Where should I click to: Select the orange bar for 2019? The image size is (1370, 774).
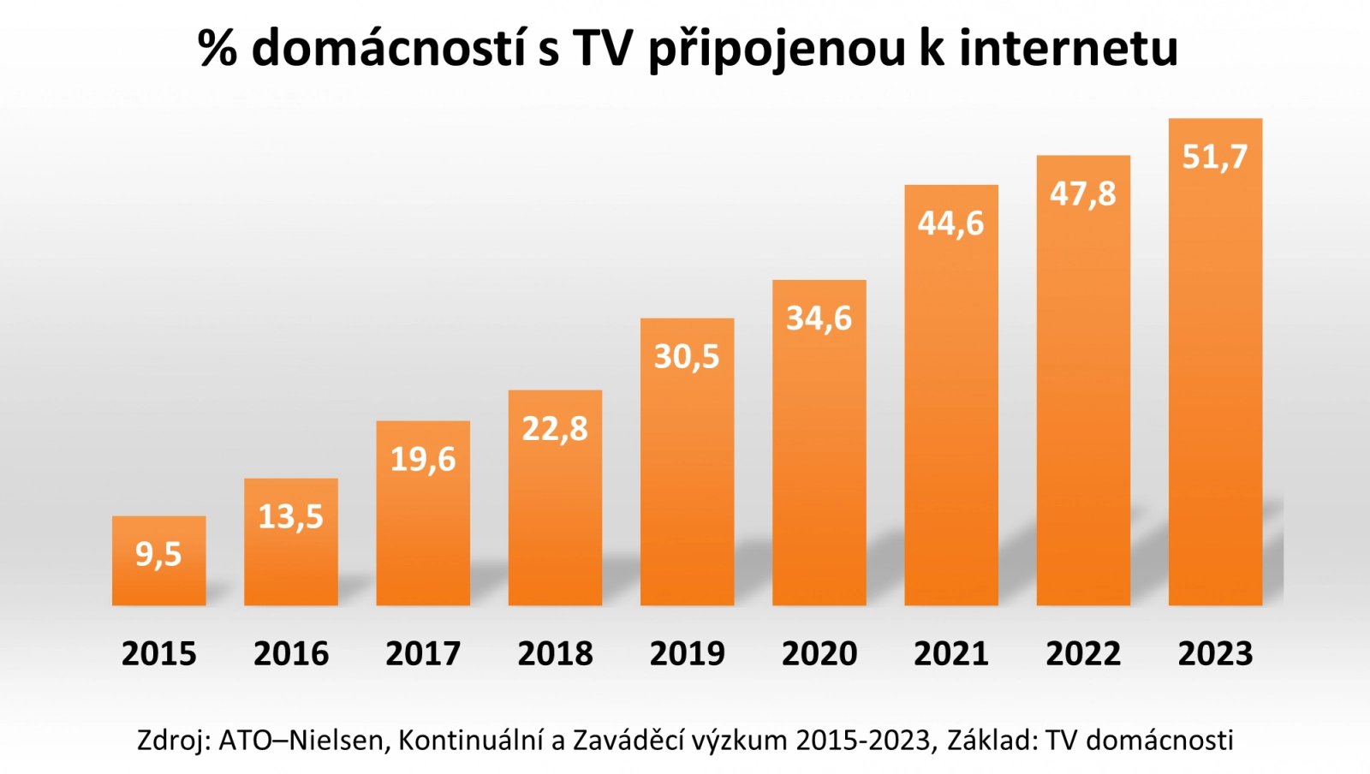click(x=687, y=479)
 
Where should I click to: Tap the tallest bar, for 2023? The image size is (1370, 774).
click(x=1215, y=385)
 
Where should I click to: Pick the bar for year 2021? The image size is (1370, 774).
click(x=950, y=411)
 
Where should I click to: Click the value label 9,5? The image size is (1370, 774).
click(x=158, y=555)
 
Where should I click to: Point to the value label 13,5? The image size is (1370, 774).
click(x=290, y=517)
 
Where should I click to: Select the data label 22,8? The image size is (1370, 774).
click(x=555, y=429)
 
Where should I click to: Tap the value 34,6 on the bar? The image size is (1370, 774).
click(x=819, y=319)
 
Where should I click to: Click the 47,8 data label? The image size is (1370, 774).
click(x=1083, y=194)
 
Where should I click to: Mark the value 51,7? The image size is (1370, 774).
click(x=1215, y=157)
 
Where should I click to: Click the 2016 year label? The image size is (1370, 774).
click(x=290, y=654)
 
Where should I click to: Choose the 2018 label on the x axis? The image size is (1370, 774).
click(x=555, y=654)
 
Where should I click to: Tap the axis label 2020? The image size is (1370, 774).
click(x=819, y=654)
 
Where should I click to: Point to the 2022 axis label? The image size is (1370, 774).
click(x=1083, y=654)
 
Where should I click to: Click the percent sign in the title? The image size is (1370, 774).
click(x=217, y=48)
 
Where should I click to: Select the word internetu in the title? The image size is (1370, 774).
click(x=1069, y=48)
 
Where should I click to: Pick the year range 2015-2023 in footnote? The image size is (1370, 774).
click(x=862, y=740)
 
